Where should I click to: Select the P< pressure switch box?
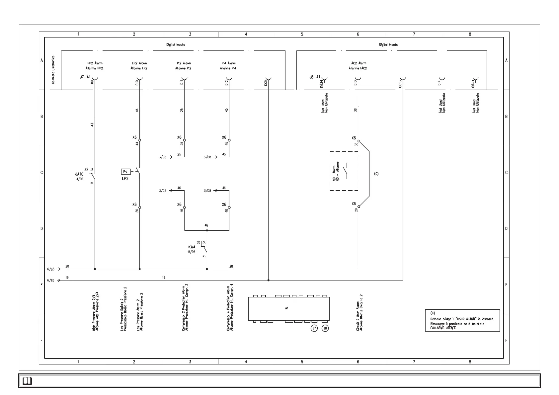(125, 172)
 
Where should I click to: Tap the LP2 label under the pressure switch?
(125, 178)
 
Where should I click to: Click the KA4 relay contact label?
(192, 247)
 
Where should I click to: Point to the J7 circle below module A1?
(314, 328)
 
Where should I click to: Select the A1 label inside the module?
(287, 308)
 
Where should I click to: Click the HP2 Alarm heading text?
(95, 63)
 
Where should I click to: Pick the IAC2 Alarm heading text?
(358, 63)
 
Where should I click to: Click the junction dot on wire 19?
(268, 280)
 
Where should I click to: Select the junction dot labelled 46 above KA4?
(207, 230)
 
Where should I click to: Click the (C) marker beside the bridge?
(376, 174)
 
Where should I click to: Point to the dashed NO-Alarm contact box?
(344, 171)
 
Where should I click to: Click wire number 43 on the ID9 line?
(92, 124)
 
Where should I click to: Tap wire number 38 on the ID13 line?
(355, 110)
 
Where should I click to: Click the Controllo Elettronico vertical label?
(53, 70)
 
